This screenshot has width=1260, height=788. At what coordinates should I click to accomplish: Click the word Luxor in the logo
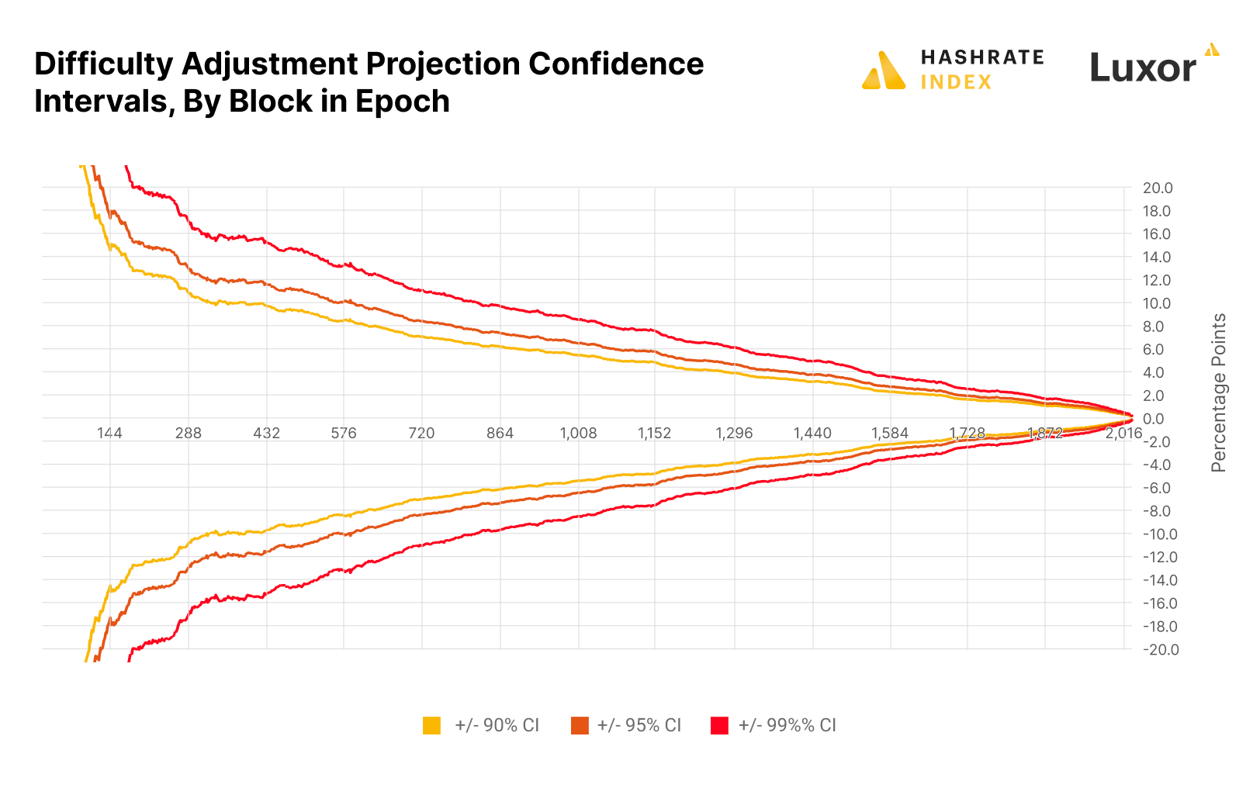pos(1142,68)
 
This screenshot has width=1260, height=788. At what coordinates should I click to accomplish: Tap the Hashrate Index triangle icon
pos(883,71)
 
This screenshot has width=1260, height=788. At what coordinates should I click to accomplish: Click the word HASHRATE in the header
pos(981,57)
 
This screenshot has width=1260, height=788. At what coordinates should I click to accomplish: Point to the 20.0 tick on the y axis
pos(1157,188)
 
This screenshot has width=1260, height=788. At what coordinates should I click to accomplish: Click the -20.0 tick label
pos(1159,649)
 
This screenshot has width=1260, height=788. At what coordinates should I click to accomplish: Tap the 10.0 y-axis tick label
pos(1157,303)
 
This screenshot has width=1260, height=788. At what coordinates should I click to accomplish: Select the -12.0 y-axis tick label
pos(1159,557)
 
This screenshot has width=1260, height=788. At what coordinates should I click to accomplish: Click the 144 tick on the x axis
pos(109,433)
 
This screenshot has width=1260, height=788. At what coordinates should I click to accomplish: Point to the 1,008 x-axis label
pos(578,433)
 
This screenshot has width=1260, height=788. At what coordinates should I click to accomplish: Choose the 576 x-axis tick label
pos(344,433)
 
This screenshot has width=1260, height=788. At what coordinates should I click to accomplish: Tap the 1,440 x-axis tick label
pos(812,433)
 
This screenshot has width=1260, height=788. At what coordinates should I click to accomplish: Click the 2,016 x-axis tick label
pos(1123,433)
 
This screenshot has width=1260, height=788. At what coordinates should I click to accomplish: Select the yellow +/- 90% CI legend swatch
pos(432,725)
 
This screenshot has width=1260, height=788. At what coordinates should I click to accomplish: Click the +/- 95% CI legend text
pos(639,725)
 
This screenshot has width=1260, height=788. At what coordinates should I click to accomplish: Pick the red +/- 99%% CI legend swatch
pos(719,725)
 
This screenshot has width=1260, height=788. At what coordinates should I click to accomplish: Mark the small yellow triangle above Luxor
pos(1211,50)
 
